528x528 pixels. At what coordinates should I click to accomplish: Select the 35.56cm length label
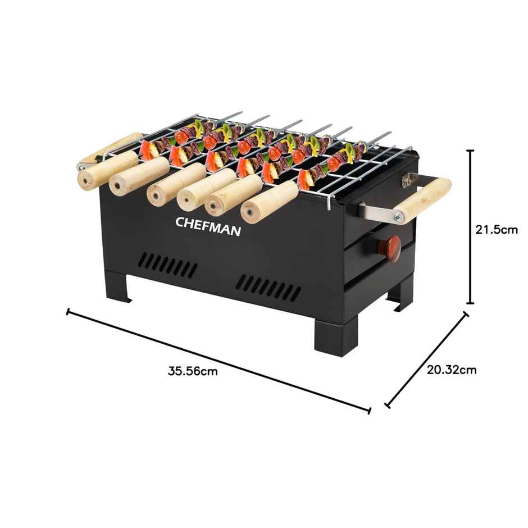click(193, 371)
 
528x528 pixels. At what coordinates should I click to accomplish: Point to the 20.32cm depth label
click(452, 370)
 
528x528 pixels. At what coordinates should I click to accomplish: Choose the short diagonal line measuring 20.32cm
click(426, 359)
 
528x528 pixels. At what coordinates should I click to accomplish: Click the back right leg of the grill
click(404, 294)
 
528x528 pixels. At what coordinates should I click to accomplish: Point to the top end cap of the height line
click(471, 151)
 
